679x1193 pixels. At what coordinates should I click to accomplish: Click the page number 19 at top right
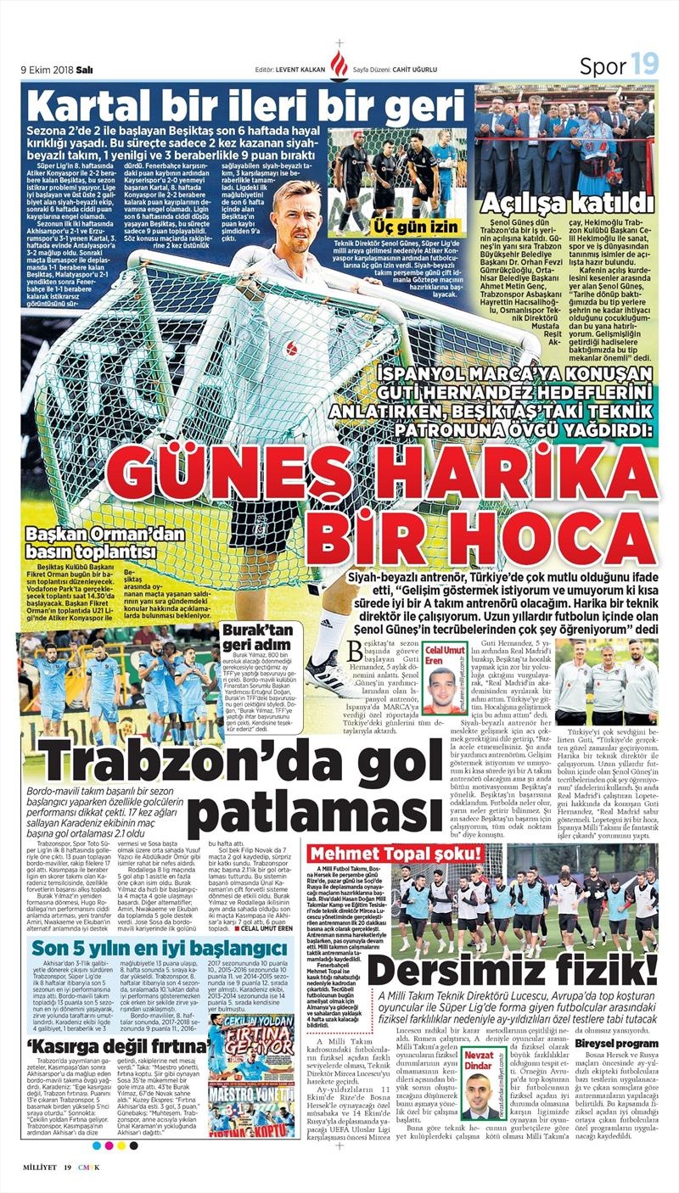coord(643,64)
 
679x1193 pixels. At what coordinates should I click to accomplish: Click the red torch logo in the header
coord(339,64)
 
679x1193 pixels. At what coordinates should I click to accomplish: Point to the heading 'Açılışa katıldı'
coord(577,203)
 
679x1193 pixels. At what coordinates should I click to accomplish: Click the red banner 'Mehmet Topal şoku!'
coord(396,854)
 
